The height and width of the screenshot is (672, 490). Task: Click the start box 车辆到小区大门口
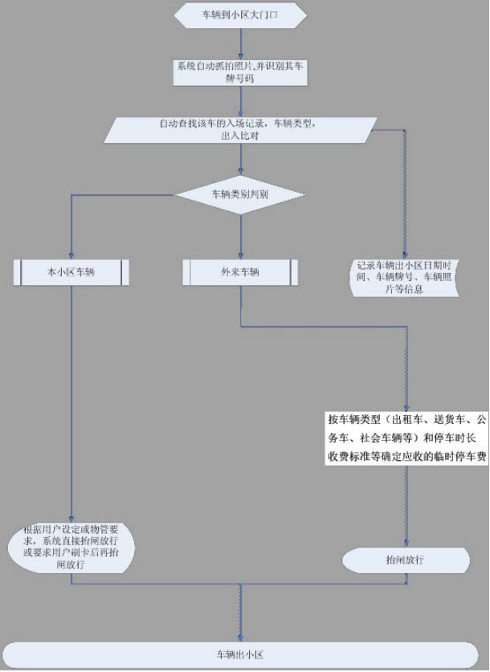[x=240, y=15]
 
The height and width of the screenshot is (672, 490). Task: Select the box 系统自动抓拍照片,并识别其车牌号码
[x=240, y=72]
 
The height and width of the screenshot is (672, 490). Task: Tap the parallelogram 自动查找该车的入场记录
[x=240, y=130]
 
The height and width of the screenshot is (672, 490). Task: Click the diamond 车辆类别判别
[x=240, y=194]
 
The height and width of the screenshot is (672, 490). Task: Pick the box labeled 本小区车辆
[x=71, y=272]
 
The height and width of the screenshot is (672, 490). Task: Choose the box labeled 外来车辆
[x=240, y=272]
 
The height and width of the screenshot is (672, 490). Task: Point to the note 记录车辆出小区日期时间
[x=404, y=277]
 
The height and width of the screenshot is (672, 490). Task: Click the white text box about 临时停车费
[x=406, y=438]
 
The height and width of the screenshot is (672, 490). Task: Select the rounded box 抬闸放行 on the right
[x=406, y=560]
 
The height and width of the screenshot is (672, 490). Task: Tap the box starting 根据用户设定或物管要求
[x=71, y=547]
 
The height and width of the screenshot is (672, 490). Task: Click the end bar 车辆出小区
[x=240, y=654]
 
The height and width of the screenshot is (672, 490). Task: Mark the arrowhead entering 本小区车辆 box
[x=71, y=256]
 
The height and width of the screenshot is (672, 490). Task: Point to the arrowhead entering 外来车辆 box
[x=240, y=256]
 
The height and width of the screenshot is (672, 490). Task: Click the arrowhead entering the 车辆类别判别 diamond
[x=240, y=173]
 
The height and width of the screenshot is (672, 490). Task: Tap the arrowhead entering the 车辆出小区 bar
[x=240, y=638]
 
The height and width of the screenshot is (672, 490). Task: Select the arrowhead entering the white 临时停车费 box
[x=406, y=409]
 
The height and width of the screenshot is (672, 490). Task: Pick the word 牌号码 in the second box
[x=240, y=79]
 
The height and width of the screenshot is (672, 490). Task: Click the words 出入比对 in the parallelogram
[x=239, y=136]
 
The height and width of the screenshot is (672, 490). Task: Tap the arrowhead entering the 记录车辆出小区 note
[x=404, y=255]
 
